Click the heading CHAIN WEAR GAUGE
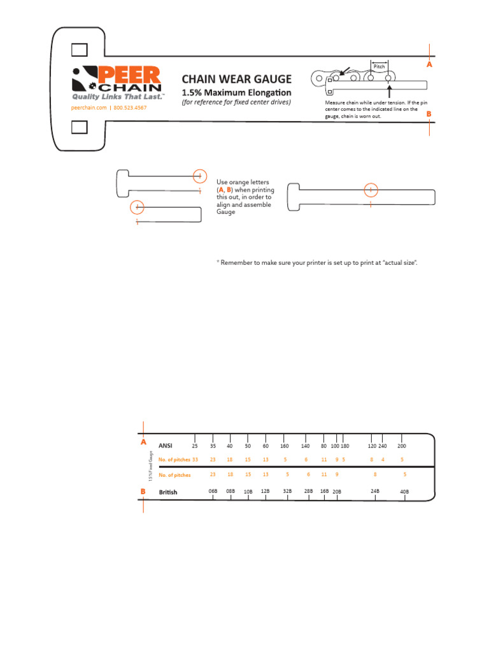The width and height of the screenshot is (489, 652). (236, 79)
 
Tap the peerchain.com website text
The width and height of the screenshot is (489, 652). (88, 108)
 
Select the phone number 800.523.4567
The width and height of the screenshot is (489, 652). (130, 108)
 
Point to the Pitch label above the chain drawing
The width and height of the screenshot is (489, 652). (379, 66)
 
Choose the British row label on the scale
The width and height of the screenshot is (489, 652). (168, 492)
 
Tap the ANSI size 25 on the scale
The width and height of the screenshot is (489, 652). (195, 446)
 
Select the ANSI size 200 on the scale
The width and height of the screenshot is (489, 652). (401, 446)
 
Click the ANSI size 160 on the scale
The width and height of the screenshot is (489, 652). (285, 446)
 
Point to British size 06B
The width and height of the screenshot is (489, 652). (213, 491)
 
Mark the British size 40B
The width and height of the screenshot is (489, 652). (404, 492)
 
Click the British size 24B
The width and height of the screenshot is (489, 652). (375, 491)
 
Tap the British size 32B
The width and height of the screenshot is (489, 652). (287, 491)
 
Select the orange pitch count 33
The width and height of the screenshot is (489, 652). (195, 459)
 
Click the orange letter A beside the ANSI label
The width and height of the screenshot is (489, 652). (143, 442)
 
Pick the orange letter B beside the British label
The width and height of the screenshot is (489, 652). (143, 492)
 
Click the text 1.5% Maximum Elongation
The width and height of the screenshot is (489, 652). (237, 93)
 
